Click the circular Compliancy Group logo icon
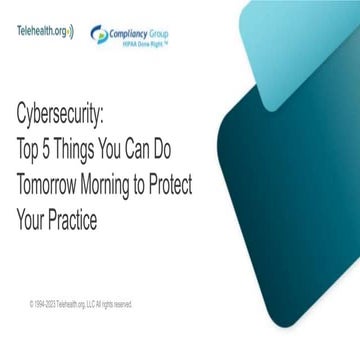click(x=99, y=34)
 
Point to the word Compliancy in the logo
click(x=129, y=31)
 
